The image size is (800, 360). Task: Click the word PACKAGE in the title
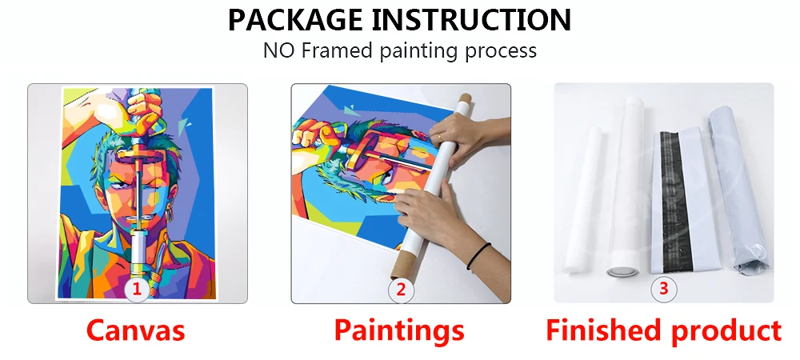(x=295, y=20)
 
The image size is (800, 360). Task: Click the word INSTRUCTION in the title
(x=472, y=20)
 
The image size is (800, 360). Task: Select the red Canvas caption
(x=135, y=330)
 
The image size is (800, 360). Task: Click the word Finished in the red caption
(x=604, y=330)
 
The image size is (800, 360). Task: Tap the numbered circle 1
(x=137, y=290)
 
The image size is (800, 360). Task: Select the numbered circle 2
(x=401, y=290)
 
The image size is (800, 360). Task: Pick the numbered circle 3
(x=663, y=289)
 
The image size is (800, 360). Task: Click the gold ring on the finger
(x=438, y=138)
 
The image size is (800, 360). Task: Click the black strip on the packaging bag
(x=673, y=202)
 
